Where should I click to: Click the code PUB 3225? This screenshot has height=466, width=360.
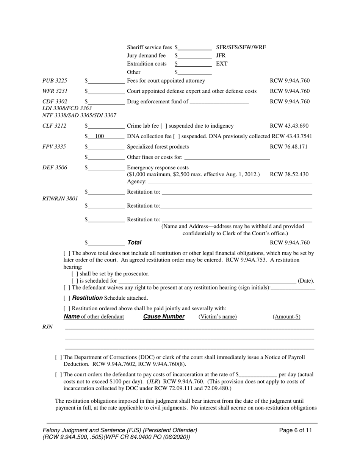pyautogui.click(x=55, y=81)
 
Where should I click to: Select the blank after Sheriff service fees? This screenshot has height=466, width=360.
pyautogui.click(x=194, y=48)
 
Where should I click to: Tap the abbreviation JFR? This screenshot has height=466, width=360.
pyautogui.click(x=221, y=56)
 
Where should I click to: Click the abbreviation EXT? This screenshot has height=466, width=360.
pyautogui.click(x=222, y=64)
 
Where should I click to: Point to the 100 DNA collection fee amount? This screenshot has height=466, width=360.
pyautogui.click(x=100, y=136)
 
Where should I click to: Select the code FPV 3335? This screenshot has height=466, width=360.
pyautogui.click(x=54, y=147)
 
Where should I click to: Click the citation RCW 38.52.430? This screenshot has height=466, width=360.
pyautogui.click(x=289, y=175)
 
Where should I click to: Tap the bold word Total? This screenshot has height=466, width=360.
pyautogui.click(x=134, y=242)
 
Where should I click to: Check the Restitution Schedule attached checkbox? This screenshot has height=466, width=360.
pyautogui.click(x=67, y=298)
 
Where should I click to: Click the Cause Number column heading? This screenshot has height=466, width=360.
pyautogui.click(x=163, y=317)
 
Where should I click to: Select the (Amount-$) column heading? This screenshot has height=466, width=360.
pyautogui.click(x=286, y=317)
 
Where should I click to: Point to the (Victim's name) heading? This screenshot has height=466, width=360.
pyautogui.click(x=218, y=317)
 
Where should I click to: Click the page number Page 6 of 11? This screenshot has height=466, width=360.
pyautogui.click(x=296, y=430)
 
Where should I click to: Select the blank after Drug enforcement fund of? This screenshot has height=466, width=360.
pyautogui.click(x=219, y=102)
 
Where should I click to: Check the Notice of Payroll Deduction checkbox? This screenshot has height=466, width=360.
pyautogui.click(x=58, y=357)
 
